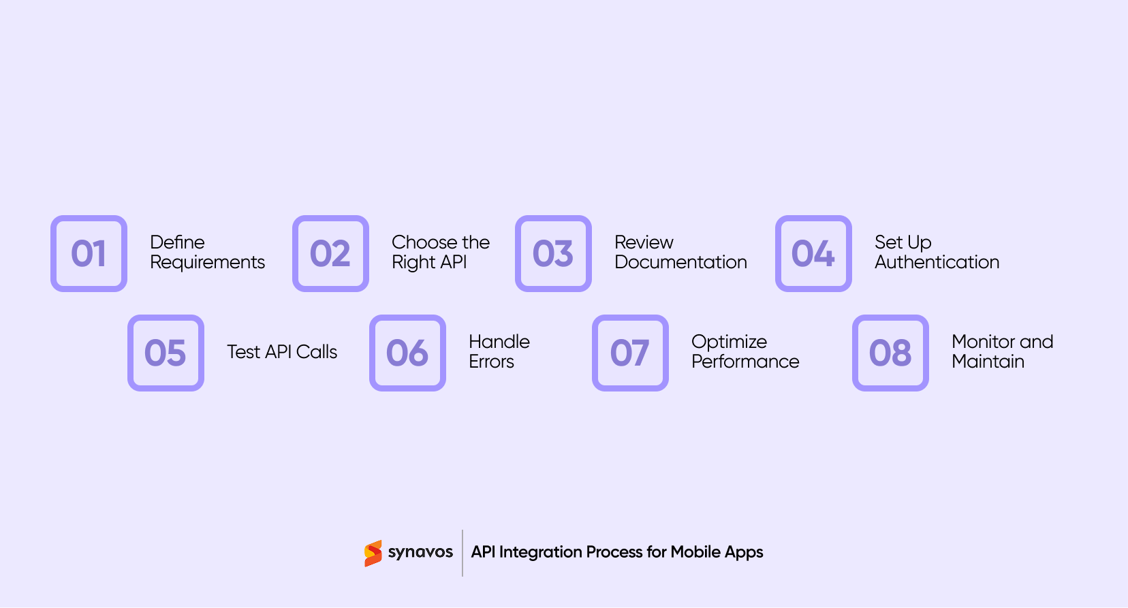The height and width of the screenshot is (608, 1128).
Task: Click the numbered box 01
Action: tap(89, 253)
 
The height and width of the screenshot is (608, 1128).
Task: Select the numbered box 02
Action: tap(330, 253)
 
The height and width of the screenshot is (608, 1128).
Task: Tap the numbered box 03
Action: tap(553, 253)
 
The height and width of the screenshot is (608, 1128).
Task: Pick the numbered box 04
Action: tap(813, 253)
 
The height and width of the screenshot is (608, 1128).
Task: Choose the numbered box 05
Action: tap(166, 353)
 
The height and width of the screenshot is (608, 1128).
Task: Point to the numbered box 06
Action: tap(407, 353)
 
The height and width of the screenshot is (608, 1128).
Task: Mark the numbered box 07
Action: tap(630, 353)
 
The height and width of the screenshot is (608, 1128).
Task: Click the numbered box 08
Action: tap(890, 353)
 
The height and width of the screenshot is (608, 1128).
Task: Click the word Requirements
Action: tap(207, 263)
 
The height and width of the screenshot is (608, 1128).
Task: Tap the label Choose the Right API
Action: tap(440, 252)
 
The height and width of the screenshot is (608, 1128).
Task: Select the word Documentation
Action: tap(680, 262)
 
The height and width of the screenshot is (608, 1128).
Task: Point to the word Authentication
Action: tap(937, 262)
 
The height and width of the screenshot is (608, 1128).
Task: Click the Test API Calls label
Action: tap(282, 352)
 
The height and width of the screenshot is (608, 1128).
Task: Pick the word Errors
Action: tap(491, 362)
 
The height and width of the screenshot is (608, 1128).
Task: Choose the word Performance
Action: tap(745, 362)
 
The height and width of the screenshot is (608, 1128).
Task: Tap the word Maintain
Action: tap(988, 362)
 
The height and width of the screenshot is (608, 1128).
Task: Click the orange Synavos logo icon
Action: tap(373, 554)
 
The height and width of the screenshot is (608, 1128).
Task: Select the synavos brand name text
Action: tap(420, 552)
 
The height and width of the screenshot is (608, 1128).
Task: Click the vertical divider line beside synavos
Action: tap(463, 553)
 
